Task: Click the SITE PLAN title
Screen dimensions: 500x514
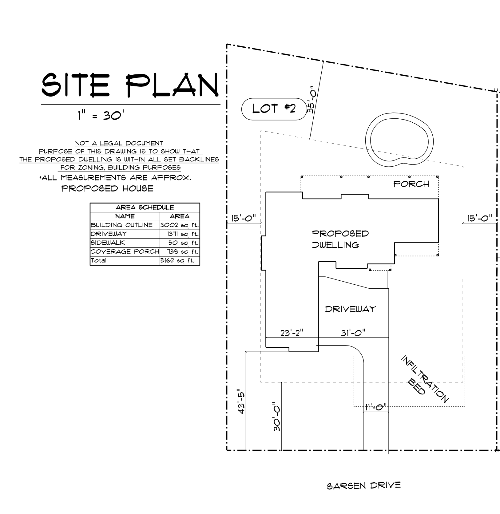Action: (x=130, y=85)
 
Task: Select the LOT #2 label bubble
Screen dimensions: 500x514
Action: (x=274, y=109)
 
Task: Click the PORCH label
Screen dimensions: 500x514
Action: (x=411, y=184)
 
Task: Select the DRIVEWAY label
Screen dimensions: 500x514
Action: (x=351, y=309)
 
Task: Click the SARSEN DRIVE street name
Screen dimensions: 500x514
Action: (x=364, y=486)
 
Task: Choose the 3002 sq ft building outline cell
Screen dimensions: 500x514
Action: (x=180, y=225)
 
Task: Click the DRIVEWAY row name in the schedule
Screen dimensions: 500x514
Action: (x=109, y=234)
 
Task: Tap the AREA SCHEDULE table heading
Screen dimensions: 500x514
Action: (x=145, y=207)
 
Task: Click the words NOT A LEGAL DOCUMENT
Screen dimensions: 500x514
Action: (x=119, y=143)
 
